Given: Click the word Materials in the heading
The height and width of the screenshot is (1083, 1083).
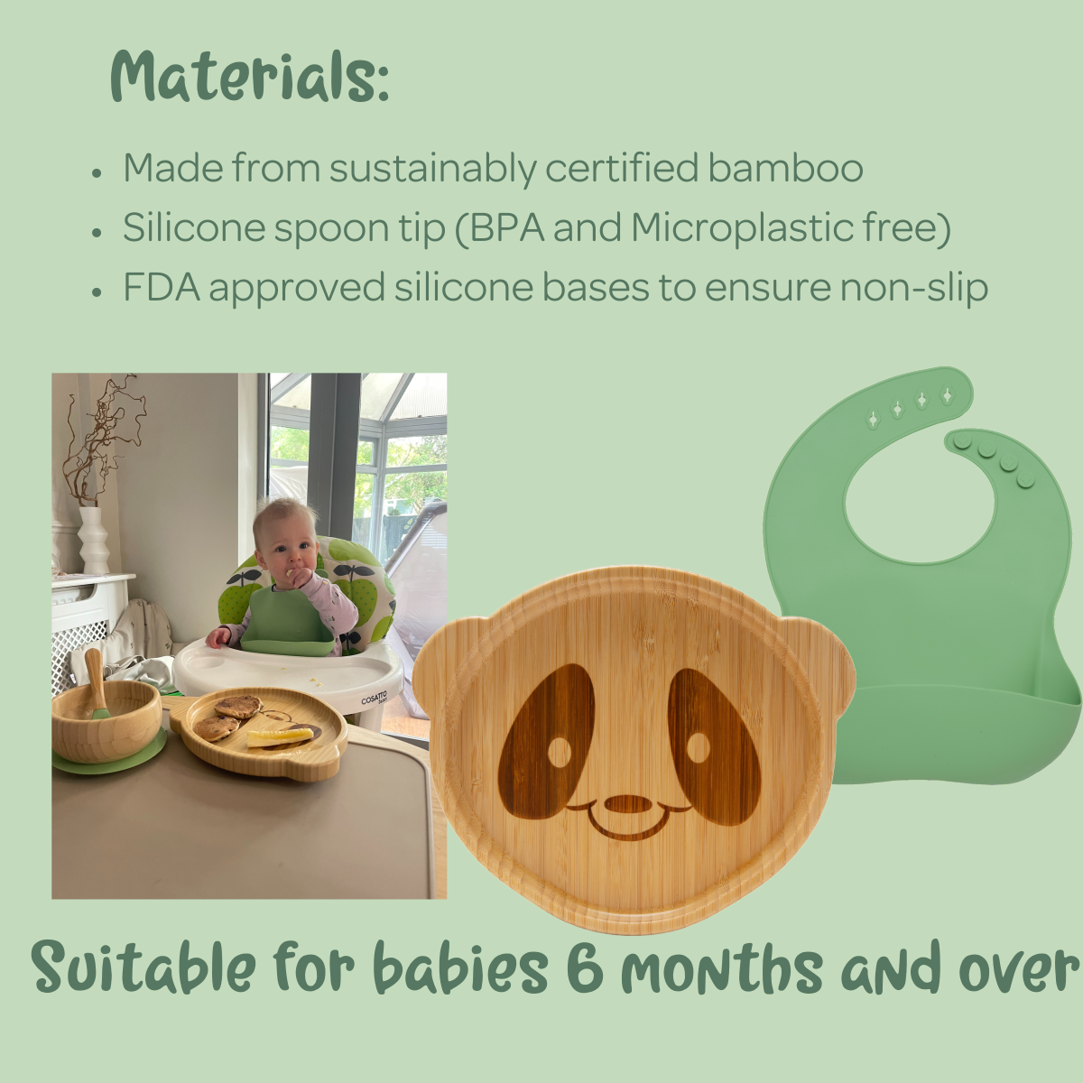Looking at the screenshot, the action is [249, 77].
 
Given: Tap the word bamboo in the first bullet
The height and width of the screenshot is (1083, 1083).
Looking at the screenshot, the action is [784, 169].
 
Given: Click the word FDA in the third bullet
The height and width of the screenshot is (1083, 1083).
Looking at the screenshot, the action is [162, 287].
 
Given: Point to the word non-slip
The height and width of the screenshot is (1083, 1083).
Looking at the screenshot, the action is [914, 288].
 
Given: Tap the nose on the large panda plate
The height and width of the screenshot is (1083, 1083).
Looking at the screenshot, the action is [628, 804].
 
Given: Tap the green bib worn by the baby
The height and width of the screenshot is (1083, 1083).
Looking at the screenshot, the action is [286, 623].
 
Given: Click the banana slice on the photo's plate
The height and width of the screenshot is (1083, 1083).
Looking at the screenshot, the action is [280, 737].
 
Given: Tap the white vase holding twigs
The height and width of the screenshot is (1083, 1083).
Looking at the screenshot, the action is [93, 540].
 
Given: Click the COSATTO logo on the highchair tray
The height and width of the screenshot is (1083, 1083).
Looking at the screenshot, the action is [374, 699].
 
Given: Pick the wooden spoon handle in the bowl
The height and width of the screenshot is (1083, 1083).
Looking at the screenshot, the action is [96, 679].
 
